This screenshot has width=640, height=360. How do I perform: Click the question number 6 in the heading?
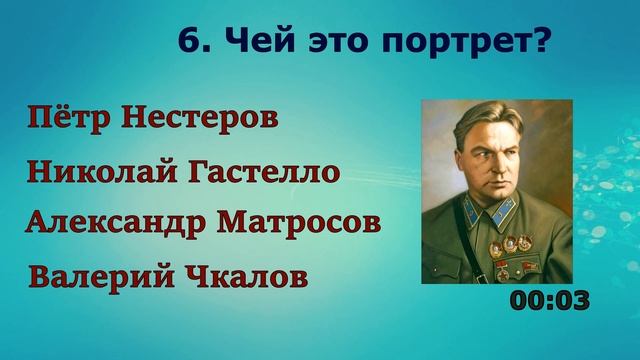[x=187, y=42]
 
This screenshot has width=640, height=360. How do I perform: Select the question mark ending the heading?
[x=547, y=42]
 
